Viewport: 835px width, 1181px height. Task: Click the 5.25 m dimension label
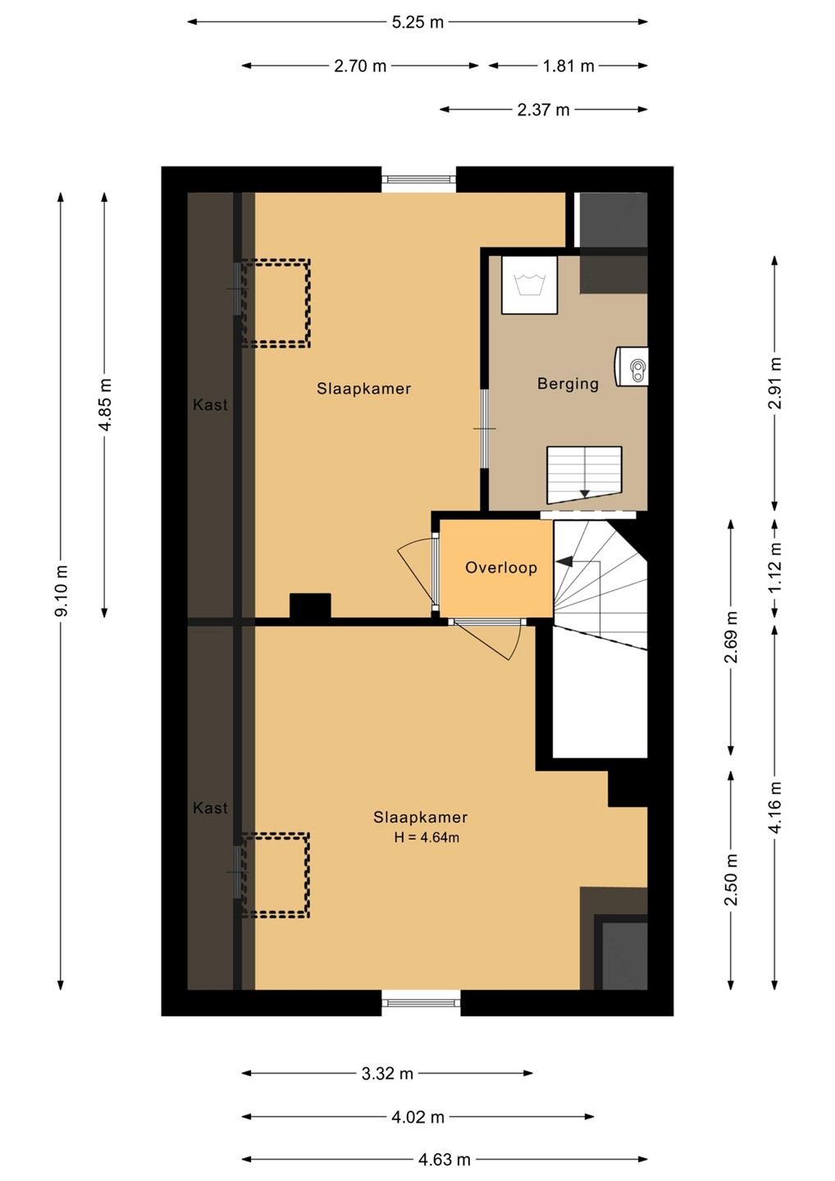417,22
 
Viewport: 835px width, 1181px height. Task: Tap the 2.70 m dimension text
360,66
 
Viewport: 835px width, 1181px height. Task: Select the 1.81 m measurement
568,66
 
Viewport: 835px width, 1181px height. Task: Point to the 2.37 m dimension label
543,110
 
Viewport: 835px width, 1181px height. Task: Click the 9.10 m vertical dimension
62,590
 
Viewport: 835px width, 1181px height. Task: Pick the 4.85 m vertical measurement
105,404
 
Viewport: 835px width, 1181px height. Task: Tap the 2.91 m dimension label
774,383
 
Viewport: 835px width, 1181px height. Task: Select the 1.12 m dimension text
774,568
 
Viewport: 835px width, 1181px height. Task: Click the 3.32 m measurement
387,1074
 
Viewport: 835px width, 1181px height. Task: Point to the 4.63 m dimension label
444,1160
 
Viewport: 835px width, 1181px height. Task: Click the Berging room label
568,384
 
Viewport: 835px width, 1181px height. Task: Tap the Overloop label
501,568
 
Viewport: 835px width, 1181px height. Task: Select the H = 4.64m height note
427,837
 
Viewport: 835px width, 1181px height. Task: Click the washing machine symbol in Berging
529,285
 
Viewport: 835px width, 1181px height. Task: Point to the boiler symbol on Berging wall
632,367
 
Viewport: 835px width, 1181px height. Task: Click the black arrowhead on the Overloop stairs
564,562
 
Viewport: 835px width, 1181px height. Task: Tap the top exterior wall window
418,180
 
